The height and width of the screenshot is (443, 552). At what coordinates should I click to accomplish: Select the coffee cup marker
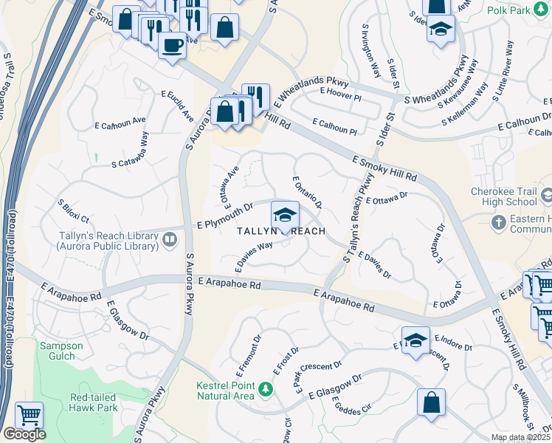173,45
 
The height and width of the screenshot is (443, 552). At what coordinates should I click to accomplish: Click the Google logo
24,434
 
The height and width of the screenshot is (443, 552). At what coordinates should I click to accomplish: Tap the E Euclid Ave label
178,106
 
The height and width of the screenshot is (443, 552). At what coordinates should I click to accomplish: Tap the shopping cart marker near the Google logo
28,416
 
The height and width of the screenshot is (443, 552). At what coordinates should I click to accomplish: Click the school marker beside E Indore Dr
416,339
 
